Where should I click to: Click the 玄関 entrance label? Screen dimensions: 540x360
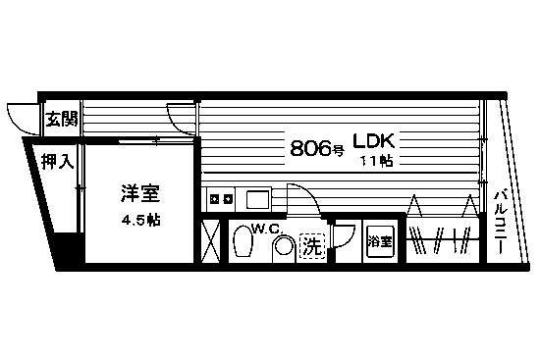(62, 119)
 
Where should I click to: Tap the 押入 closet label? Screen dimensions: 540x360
(58, 161)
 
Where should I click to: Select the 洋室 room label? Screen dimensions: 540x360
(140, 193)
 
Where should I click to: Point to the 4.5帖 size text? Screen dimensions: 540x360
(140, 220)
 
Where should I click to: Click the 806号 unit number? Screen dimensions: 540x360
(317, 149)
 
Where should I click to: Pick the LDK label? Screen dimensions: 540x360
(373, 141)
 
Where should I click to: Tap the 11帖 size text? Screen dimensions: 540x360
(376, 161)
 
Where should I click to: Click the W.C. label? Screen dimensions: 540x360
(268, 229)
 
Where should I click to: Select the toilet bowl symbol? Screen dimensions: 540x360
(243, 241)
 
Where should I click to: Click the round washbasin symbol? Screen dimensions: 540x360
(285, 247)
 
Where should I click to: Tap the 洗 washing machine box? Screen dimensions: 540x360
(312, 246)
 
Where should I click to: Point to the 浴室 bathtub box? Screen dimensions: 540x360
(380, 241)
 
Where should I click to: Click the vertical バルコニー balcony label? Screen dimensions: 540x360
(500, 223)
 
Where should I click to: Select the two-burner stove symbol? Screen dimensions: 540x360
(221, 198)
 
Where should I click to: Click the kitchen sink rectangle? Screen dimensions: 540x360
(258, 199)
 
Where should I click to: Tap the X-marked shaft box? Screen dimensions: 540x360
(210, 241)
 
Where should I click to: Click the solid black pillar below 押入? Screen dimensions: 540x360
(69, 248)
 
